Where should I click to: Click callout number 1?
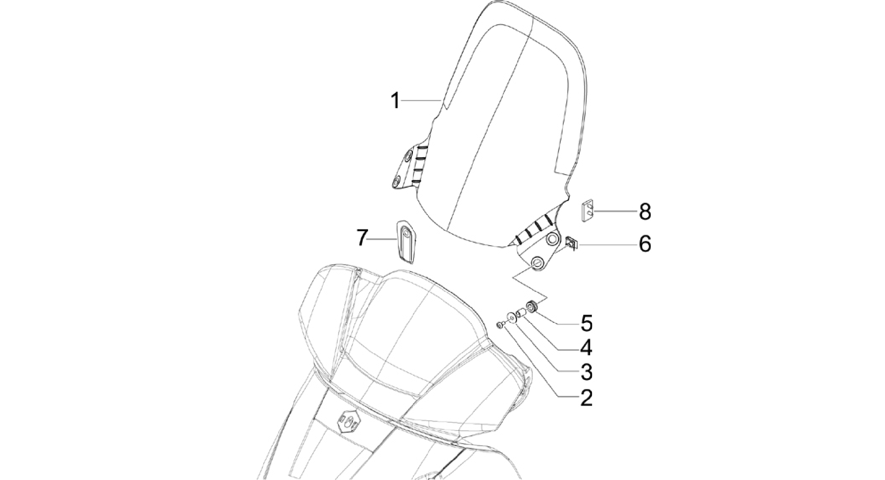(x=395, y=101)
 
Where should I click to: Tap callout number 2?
(x=586, y=398)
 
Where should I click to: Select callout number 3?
(x=586, y=372)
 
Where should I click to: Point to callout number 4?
(x=586, y=347)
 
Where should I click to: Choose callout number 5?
(x=586, y=323)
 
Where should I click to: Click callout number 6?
(x=645, y=244)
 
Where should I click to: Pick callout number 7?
(x=363, y=238)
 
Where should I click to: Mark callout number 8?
(x=645, y=212)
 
